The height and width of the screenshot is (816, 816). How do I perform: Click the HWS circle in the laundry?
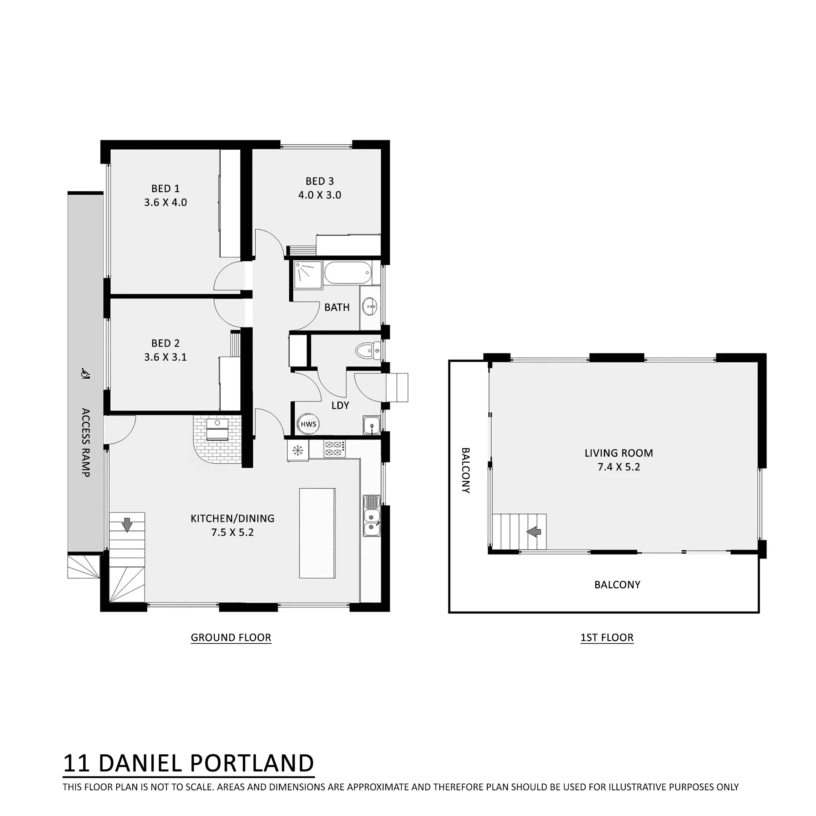click(308, 424)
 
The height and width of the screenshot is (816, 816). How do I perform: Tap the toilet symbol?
click(368, 350)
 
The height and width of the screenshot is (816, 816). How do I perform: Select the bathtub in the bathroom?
click(348, 273)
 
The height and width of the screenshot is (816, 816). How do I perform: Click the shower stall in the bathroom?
click(308, 275)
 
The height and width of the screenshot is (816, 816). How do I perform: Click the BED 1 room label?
click(166, 188)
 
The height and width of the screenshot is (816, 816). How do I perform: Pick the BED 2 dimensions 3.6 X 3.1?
click(166, 357)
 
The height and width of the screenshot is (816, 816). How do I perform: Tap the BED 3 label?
click(320, 181)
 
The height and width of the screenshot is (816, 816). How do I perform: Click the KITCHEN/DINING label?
click(232, 518)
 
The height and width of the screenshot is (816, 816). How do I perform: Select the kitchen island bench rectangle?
click(317, 533)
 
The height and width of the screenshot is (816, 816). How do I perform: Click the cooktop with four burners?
click(335, 448)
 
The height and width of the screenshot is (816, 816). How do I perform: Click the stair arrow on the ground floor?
click(127, 525)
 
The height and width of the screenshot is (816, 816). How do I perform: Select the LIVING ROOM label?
click(619, 453)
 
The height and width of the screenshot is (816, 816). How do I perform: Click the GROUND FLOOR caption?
click(231, 637)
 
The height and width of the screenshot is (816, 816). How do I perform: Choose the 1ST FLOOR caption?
click(607, 637)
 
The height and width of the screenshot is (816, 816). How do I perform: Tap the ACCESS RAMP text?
click(85, 443)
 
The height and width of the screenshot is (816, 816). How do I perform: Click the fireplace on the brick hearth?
click(217, 430)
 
